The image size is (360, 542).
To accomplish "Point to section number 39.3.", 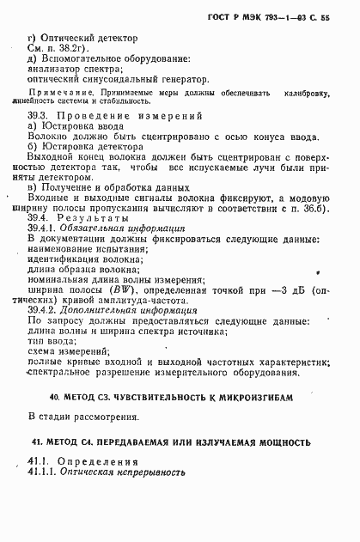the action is coord(38,115).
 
